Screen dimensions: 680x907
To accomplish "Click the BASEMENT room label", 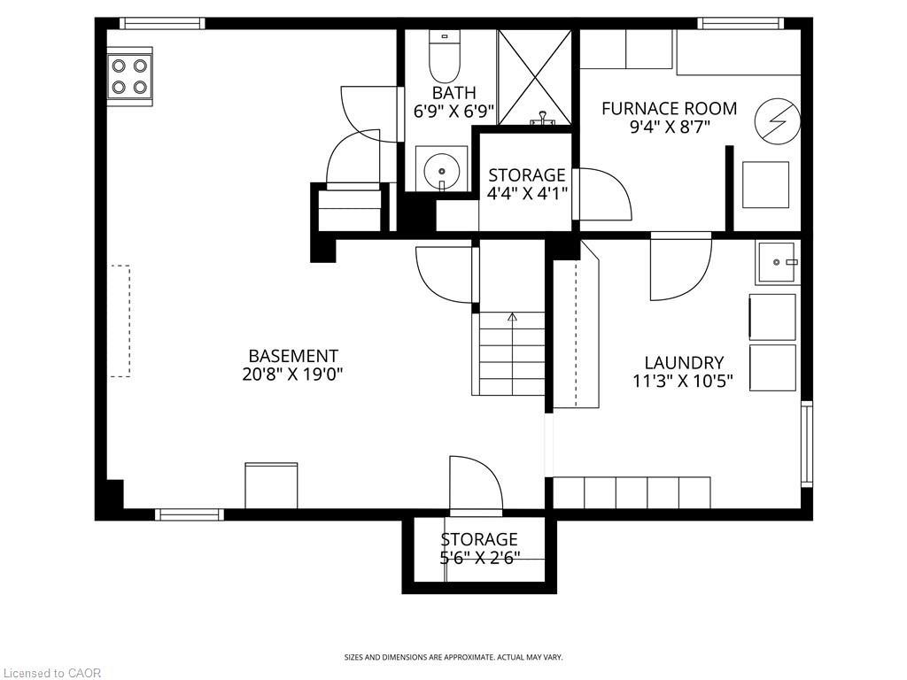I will [x=293, y=356].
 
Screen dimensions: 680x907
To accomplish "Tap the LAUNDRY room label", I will [x=684, y=362].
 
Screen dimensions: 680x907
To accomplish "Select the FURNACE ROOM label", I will [x=669, y=109].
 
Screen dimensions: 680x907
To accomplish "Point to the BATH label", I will [x=453, y=93].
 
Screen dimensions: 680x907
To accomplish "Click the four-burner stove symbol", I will [x=129, y=77].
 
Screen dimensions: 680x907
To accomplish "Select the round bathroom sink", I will [x=441, y=167].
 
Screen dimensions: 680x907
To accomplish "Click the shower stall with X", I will [x=536, y=77].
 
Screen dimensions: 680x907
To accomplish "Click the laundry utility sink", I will [x=778, y=262].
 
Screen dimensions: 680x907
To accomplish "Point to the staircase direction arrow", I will [x=512, y=317].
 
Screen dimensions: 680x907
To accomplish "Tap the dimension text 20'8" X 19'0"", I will [x=293, y=375].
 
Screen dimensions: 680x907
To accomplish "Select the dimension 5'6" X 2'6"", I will [x=479, y=558].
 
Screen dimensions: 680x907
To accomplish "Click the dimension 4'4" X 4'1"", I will [x=527, y=194].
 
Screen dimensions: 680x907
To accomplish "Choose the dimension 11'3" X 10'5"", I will [x=684, y=382].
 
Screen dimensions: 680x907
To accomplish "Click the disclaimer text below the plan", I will [x=453, y=657].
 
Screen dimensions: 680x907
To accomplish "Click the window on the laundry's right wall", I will [x=806, y=444].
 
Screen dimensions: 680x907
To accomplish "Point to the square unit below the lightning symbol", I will [x=765, y=185].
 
